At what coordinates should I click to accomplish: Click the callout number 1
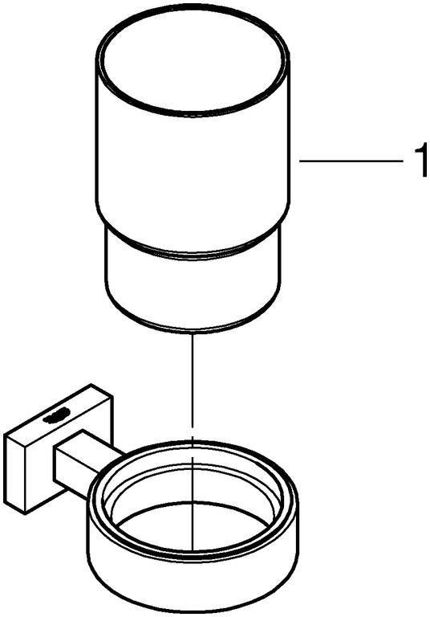point(420,161)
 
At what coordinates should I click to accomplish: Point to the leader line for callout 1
point(352,161)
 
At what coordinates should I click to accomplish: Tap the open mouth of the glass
point(193,63)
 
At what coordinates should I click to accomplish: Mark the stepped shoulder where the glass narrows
point(193,248)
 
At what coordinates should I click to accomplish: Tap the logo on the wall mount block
point(57,415)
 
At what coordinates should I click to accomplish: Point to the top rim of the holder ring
point(193,444)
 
